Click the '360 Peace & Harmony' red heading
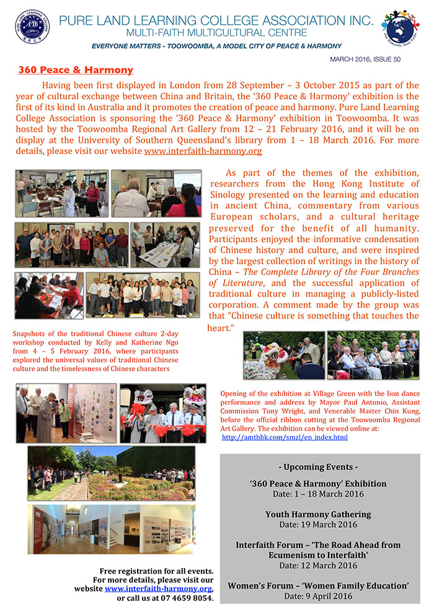click(x=76, y=71)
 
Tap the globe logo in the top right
click(x=401, y=27)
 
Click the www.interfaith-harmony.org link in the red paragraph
click(x=203, y=151)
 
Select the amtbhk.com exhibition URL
click(x=285, y=437)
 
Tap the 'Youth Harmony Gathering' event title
click(x=318, y=514)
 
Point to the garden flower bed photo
click(x=111, y=474)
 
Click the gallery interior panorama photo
click(x=111, y=529)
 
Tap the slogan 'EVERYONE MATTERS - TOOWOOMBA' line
click(x=216, y=46)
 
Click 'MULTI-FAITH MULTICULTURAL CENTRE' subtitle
click(x=216, y=32)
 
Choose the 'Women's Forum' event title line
click(x=318, y=585)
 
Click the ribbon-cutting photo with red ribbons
click(x=162, y=413)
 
